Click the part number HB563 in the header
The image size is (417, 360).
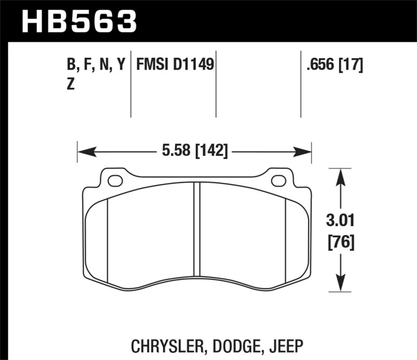point(78,21)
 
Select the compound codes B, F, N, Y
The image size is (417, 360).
point(96,65)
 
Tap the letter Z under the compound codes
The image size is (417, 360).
point(71,85)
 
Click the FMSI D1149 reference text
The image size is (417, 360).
point(175,65)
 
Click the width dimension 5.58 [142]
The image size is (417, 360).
point(193,152)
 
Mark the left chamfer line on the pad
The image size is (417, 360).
point(107,240)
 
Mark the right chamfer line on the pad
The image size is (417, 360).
point(286,240)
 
